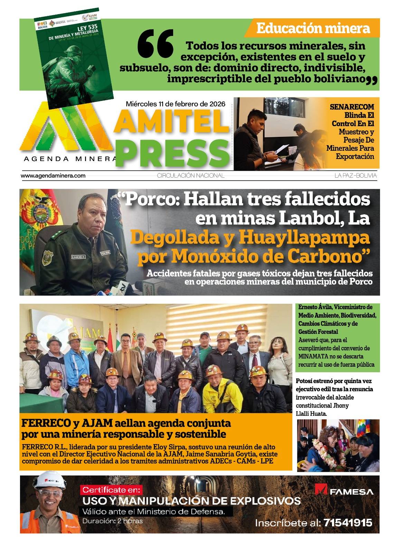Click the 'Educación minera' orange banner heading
(313, 28)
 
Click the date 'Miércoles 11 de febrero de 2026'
(175, 104)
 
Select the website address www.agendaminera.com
(53, 176)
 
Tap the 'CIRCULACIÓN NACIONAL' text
(191, 176)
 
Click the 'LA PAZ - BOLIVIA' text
(355, 176)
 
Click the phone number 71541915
(348, 523)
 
